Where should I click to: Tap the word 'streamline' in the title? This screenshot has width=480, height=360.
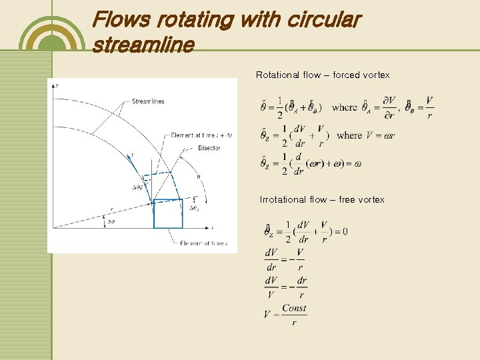pos(143,45)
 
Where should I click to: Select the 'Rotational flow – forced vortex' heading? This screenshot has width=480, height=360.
pos(323,75)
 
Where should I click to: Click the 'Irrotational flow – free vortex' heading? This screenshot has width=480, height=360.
pos(322,199)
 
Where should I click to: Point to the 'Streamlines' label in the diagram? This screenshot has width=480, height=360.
pos(147,101)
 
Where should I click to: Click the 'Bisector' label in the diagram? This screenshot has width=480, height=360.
pos(209,148)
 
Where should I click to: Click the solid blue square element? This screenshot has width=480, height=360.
pos(168,213)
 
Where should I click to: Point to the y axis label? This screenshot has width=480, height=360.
pos(58,86)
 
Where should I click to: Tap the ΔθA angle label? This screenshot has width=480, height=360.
pos(195,208)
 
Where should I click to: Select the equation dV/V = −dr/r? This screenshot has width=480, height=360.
pos(285,287)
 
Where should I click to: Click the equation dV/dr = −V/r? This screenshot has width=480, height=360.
pos(285,259)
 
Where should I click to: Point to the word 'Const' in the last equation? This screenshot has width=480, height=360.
pos(294,308)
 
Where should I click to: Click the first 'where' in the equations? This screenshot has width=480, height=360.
pos(344,107)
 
